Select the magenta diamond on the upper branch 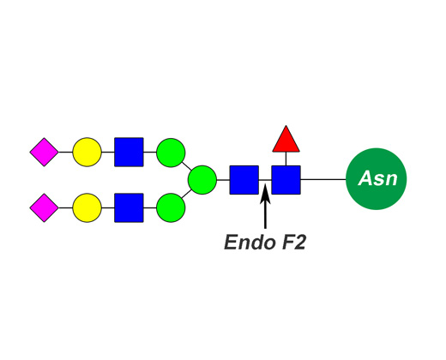pos(45,152)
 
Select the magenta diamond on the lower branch pos(45,207)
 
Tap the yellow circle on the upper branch pos(87,152)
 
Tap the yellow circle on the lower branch pos(87,207)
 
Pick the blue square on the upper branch pos(129,152)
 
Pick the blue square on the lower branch pos(129,207)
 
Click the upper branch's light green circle pos(171,153)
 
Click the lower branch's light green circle pos(171,207)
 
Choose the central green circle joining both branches pos(202,180)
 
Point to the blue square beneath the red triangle pos(286,180)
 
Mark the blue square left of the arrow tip pos(244,180)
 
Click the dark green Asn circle pos(377,179)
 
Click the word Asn pos(377,178)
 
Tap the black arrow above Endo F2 pos(265,207)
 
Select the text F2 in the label pos(294,243)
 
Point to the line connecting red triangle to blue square pos(286,159)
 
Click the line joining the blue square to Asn pos(323,179)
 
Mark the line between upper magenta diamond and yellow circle pos(65,152)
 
